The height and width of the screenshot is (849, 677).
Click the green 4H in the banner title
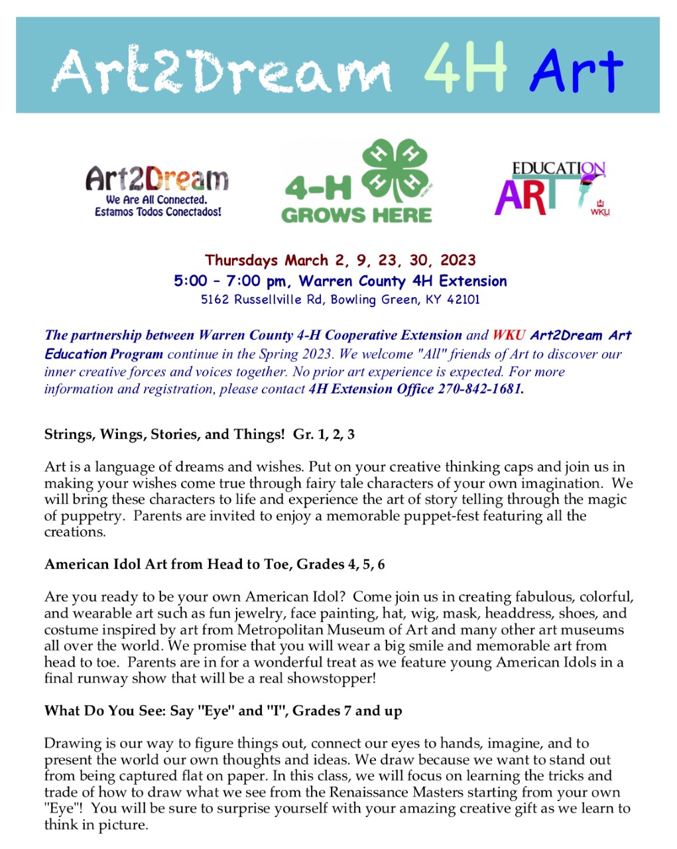point(465,68)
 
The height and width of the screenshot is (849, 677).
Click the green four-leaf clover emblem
point(395,170)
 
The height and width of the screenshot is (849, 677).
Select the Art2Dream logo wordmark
point(157,179)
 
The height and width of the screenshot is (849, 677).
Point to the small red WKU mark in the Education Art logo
point(600,208)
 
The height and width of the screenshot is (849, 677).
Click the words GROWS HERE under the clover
point(357,216)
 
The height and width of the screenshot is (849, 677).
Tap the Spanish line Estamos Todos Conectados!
point(158,212)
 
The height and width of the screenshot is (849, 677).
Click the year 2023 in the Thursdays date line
point(458,260)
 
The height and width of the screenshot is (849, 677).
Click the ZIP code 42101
point(463,299)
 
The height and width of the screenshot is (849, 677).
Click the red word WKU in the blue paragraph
point(509,335)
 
